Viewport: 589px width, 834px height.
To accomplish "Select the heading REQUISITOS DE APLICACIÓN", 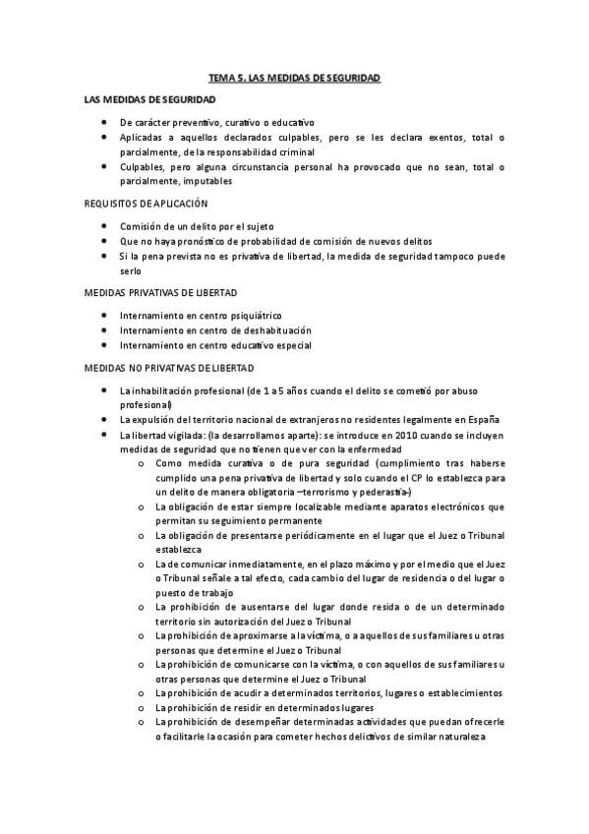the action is click(146, 203).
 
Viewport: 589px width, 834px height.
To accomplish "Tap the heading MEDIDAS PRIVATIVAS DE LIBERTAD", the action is click(160, 293).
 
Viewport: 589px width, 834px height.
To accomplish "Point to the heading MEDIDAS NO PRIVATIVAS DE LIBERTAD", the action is click(169, 368).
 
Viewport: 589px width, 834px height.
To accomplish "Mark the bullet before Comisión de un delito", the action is click(104, 226).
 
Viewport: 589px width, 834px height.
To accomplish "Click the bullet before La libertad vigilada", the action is click(104, 434).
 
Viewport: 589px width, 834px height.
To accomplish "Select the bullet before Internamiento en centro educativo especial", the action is click(104, 345).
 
